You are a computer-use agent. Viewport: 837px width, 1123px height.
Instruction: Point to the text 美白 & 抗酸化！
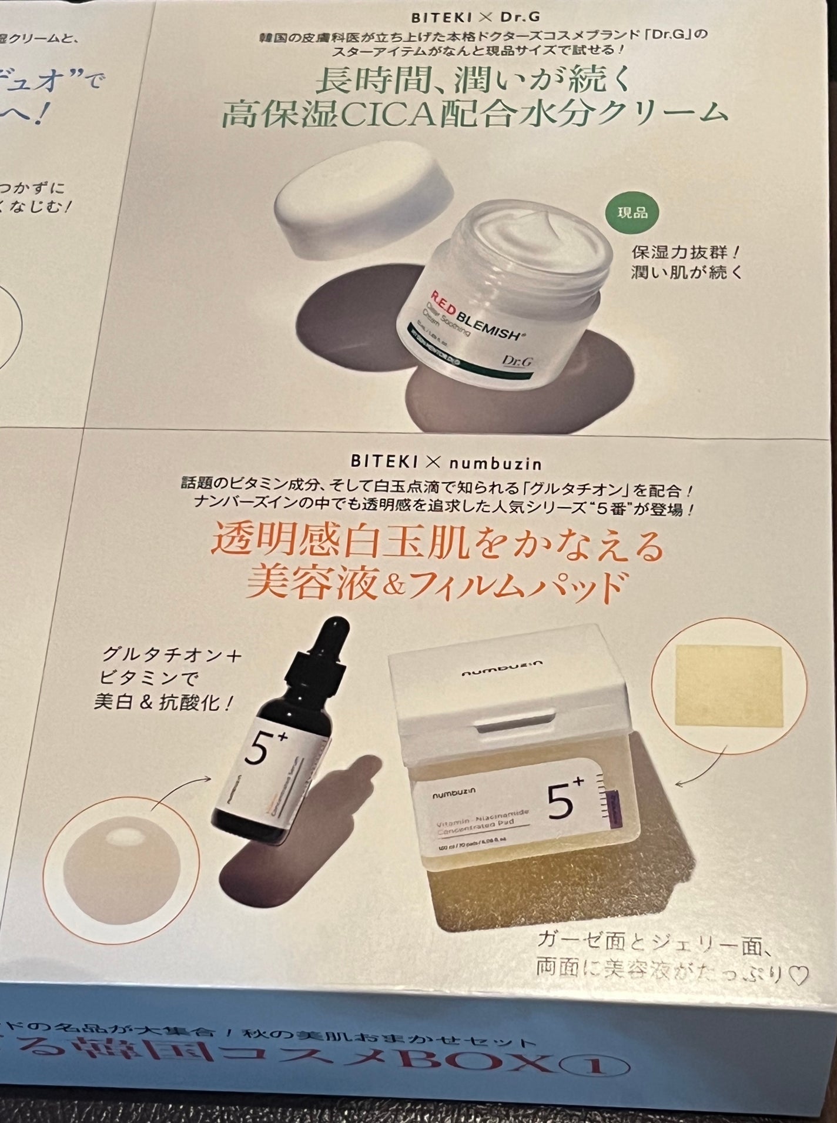point(162,703)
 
